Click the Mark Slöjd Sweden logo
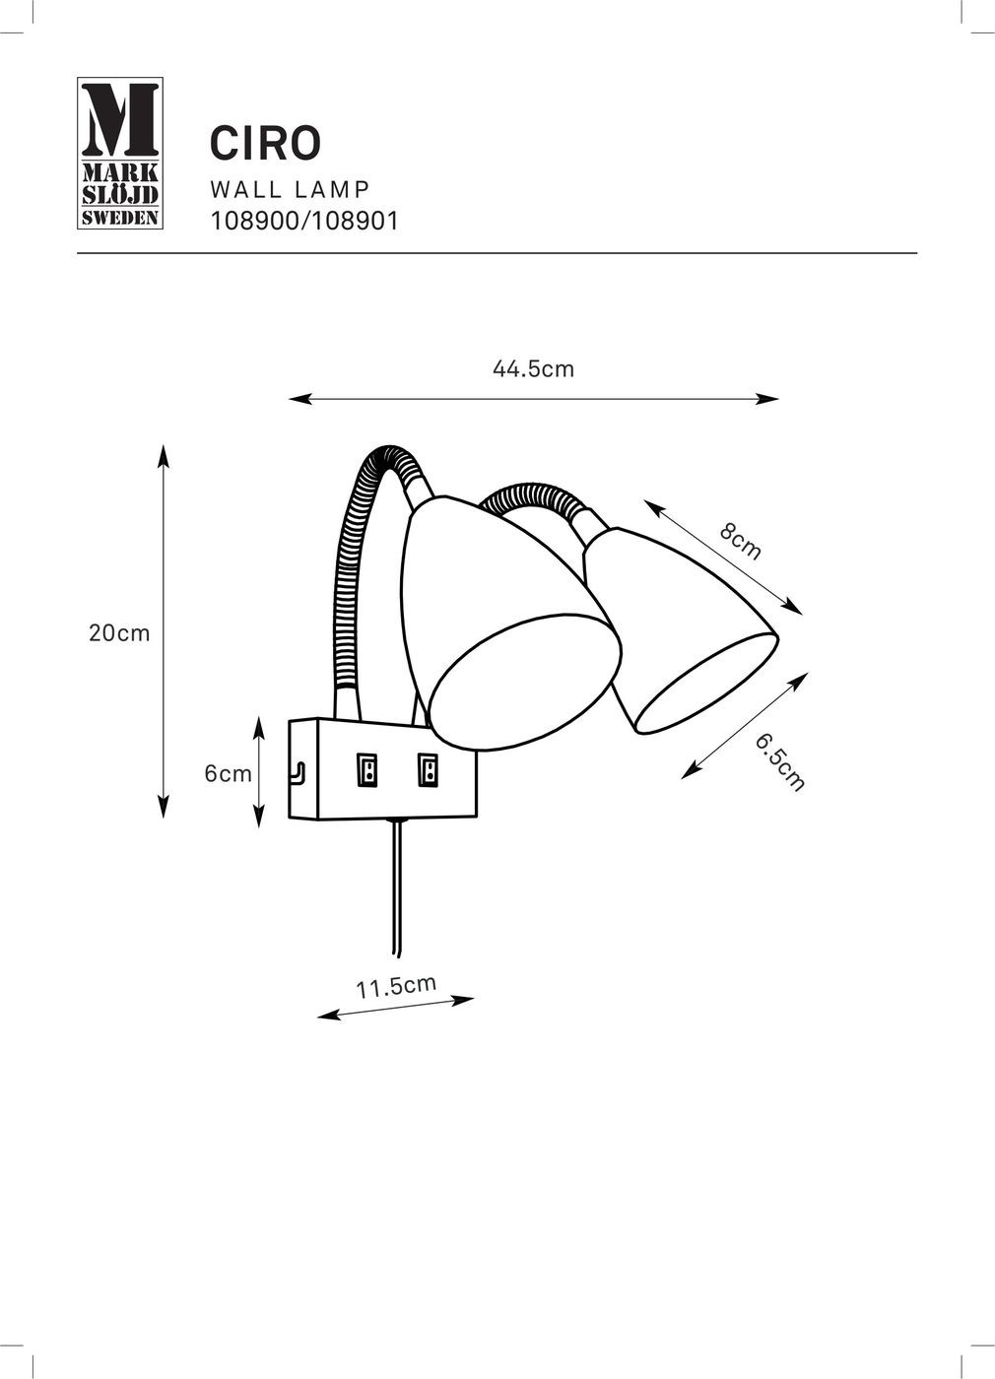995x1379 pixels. click(x=120, y=154)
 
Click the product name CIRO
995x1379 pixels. click(x=265, y=143)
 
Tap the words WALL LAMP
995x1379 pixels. click(x=290, y=189)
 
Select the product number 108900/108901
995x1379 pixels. click(x=304, y=221)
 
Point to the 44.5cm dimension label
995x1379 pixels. click(x=533, y=369)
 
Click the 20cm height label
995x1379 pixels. click(x=119, y=633)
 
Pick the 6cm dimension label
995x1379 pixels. click(x=228, y=774)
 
